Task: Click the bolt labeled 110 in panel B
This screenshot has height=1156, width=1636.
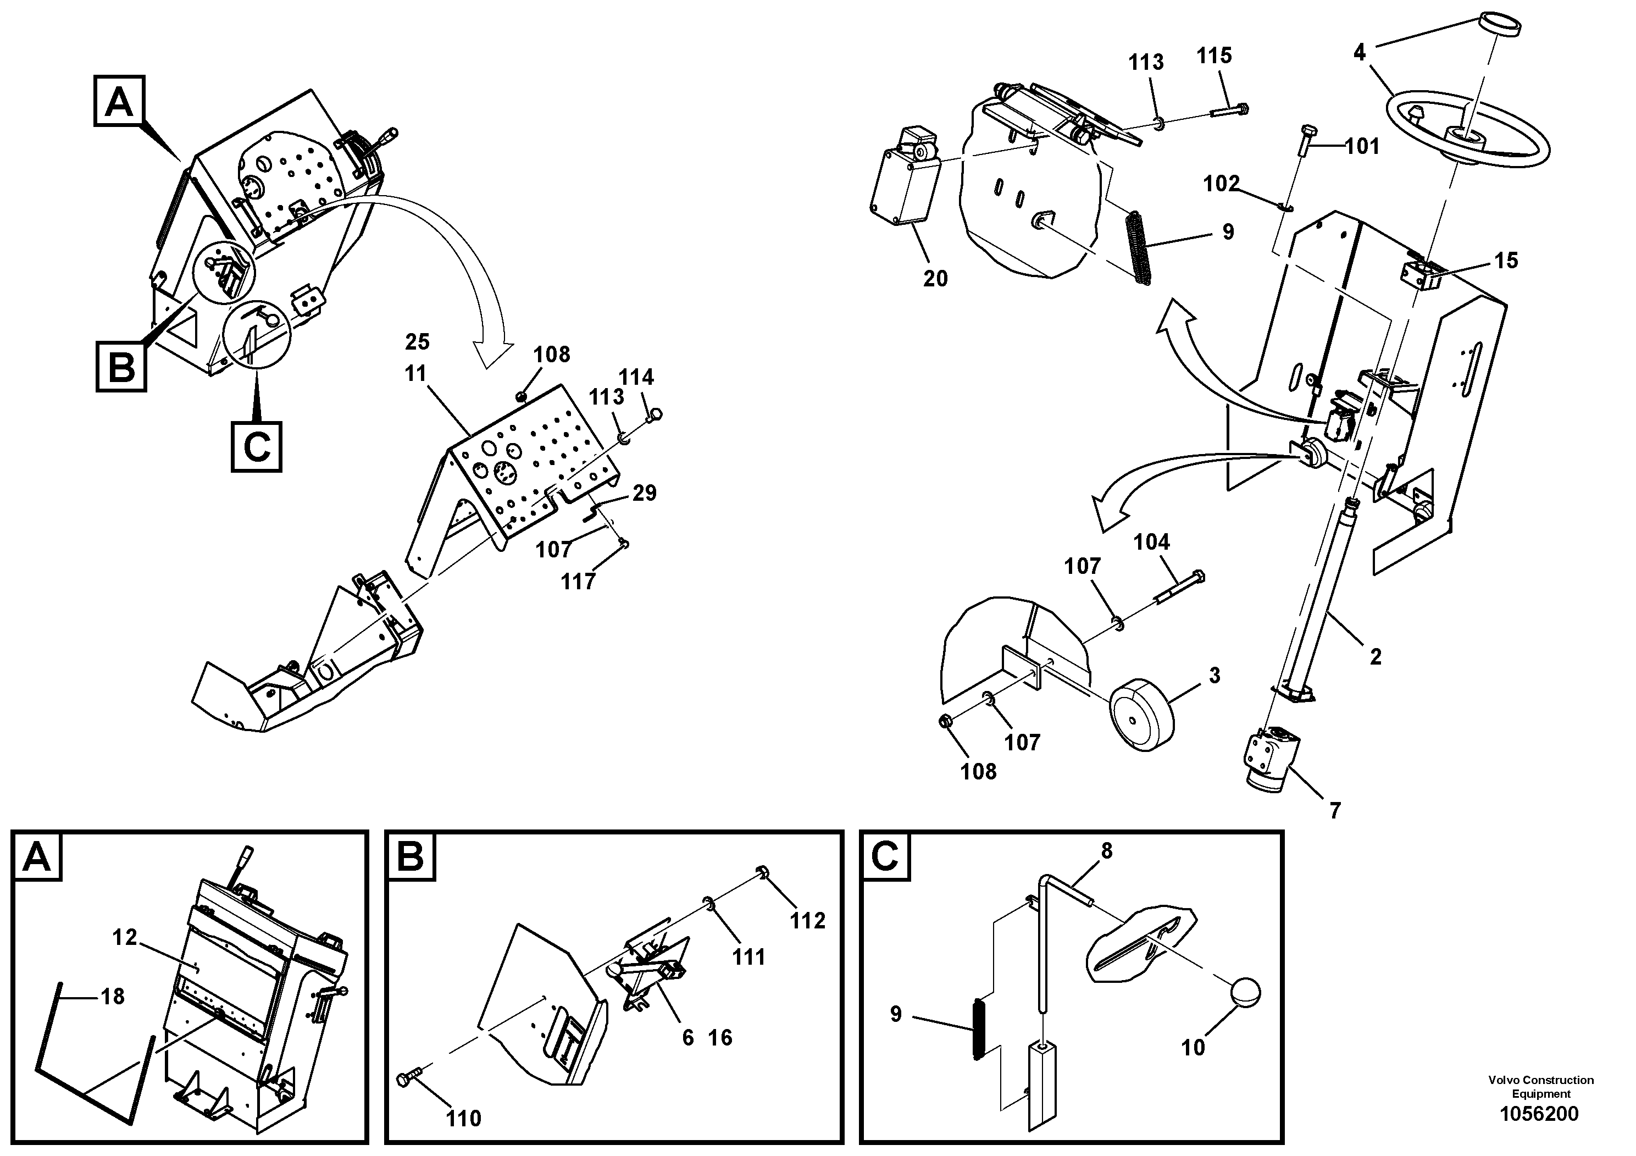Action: click(x=409, y=1080)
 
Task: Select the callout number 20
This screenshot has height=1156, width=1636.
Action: click(x=935, y=279)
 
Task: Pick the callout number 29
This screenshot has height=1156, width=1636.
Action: click(x=644, y=493)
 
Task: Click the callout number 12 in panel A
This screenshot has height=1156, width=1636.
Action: click(x=125, y=937)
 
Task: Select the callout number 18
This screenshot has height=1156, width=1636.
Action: click(x=113, y=997)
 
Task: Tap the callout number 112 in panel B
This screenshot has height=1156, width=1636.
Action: click(x=807, y=920)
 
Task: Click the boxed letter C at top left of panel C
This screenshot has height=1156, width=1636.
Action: click(x=885, y=856)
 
